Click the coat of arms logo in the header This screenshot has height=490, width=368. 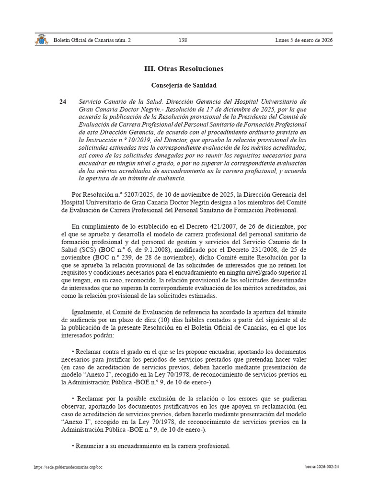click(41, 40)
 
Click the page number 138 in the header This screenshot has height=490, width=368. click(183, 40)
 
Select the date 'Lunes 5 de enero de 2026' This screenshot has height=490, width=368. click(303, 40)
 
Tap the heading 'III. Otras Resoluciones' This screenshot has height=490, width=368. click(184, 69)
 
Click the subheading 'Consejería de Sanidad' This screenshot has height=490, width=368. click(184, 86)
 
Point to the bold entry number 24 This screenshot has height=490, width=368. click(63, 102)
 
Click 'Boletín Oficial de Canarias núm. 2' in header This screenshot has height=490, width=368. click(92, 40)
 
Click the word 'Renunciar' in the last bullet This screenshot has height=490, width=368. click(90, 445)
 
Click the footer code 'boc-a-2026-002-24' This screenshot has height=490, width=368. click(322, 467)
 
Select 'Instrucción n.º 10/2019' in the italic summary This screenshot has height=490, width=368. click(112, 140)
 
